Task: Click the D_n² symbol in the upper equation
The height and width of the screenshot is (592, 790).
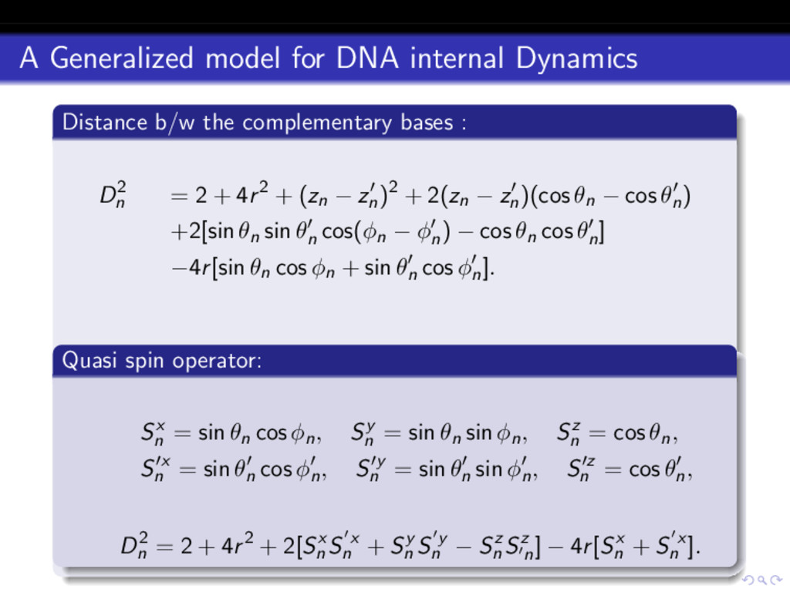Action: coord(113,197)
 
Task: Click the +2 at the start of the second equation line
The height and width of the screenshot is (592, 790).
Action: coord(185,233)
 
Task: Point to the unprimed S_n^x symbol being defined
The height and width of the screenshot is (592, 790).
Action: coord(152,435)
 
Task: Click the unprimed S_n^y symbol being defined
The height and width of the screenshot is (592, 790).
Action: coord(363,435)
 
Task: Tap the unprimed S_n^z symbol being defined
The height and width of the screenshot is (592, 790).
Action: coord(569,435)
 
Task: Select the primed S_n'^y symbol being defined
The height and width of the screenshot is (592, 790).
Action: coord(371,469)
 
